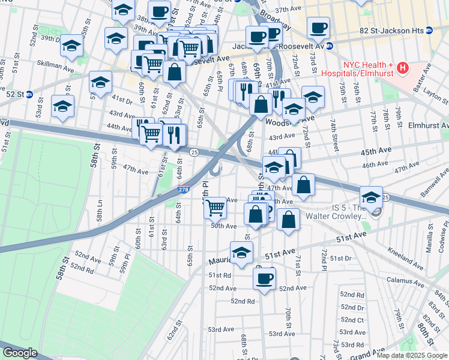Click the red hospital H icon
(x=403, y=69)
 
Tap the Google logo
(x=19, y=353)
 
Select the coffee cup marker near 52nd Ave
(x=264, y=277)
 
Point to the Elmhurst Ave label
(x=428, y=126)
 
